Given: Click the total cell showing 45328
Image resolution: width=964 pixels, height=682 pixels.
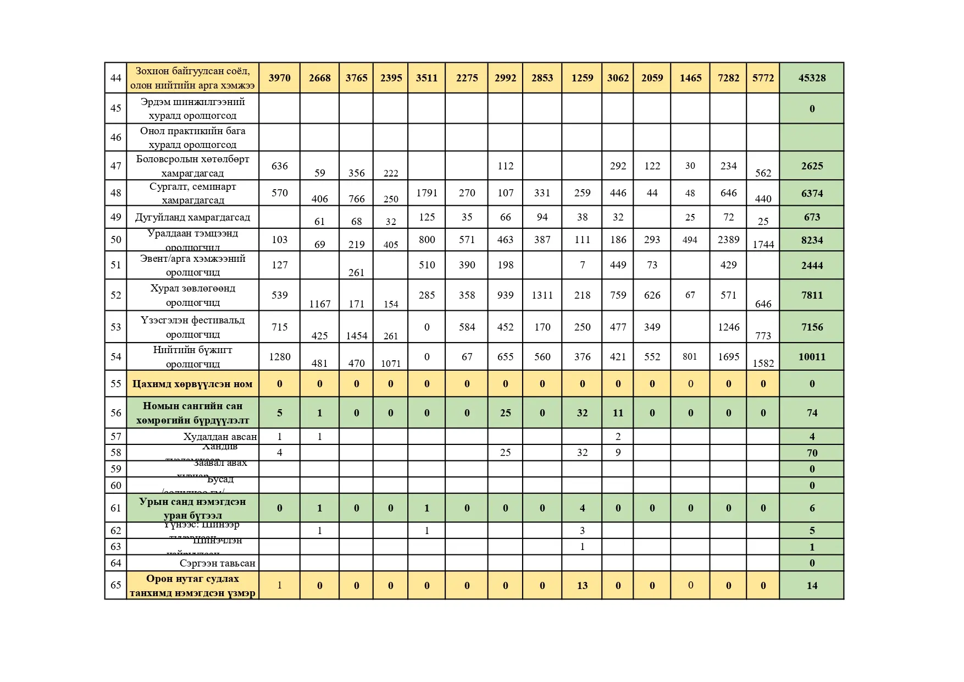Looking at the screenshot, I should pos(812,78).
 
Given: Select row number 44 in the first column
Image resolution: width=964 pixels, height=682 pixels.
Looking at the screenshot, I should pos(115,78).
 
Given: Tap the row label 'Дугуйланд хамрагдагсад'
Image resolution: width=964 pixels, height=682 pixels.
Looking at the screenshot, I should pos(192,217).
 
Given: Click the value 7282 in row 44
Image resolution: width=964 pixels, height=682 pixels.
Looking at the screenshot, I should pos(728,78).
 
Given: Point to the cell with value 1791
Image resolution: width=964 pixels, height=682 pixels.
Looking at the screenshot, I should pos(426,193).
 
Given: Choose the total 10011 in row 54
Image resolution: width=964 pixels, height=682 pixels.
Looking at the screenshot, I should pos(812,357).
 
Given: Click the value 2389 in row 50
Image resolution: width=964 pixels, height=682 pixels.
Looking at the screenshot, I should pos(728,240).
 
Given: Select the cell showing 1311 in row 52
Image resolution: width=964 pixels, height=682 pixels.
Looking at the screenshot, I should pos(542,295).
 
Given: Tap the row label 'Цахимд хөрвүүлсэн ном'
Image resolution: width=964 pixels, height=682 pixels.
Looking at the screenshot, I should pos(192,384).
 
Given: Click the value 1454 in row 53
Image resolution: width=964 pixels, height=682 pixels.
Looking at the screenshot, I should pos(356,335).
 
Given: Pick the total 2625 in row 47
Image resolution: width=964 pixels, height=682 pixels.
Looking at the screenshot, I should pos(812,166).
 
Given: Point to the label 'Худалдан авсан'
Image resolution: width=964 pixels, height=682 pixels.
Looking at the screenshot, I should pos(220,437).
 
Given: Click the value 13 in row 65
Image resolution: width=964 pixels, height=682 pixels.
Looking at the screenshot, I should pos(582,586).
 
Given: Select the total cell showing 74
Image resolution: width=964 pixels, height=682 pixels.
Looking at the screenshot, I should pos(812,413).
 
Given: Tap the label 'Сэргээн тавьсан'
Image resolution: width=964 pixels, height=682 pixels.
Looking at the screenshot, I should pos(217,563).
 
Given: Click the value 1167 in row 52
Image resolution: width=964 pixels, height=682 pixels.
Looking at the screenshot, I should pos(319,304).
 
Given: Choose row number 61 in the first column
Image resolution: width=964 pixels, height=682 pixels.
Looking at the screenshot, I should pos(115,508).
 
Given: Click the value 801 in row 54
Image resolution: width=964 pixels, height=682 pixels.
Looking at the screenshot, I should pos(690,357).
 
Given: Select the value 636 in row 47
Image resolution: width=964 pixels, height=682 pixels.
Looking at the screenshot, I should pos(279,166).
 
